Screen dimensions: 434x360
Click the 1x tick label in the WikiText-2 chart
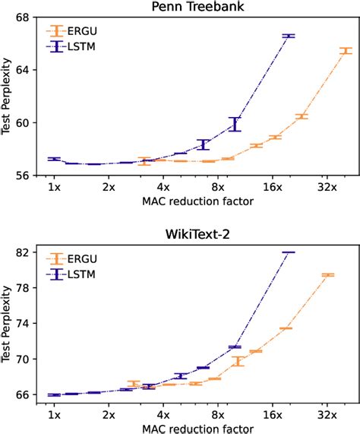(53, 416)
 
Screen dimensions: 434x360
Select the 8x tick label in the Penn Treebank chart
(217, 186)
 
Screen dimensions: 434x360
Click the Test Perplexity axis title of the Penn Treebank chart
(8, 96)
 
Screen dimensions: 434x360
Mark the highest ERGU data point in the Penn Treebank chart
(346, 51)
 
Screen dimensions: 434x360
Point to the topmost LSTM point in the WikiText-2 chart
(288, 252)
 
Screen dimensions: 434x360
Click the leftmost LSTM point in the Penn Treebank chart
(54, 159)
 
